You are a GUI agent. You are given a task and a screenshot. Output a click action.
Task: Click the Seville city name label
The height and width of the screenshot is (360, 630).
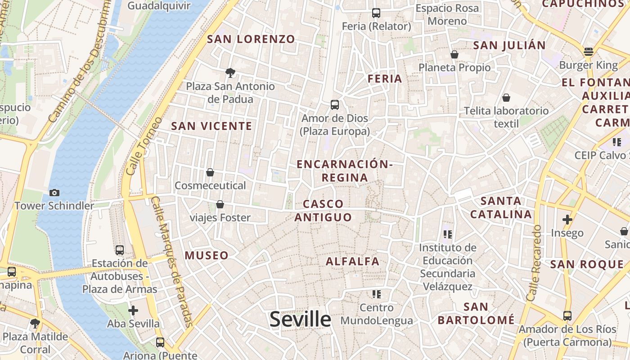pyautogui.click(x=300, y=319)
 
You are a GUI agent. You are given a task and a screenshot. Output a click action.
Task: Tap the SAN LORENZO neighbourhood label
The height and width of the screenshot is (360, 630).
pyautogui.click(x=251, y=39)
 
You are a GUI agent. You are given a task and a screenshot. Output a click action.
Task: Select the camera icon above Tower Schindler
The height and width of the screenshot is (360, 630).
pyautogui.click(x=54, y=193)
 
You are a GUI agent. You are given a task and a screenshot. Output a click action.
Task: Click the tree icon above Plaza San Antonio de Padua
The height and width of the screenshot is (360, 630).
pyautogui.click(x=230, y=72)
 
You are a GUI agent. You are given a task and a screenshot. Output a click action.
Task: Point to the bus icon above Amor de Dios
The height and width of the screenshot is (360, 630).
pyautogui.click(x=334, y=105)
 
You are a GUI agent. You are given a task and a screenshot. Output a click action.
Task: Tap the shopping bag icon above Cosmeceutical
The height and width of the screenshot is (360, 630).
pyautogui.click(x=210, y=172)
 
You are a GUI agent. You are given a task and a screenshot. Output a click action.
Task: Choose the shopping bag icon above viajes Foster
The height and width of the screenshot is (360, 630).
pyautogui.click(x=220, y=204)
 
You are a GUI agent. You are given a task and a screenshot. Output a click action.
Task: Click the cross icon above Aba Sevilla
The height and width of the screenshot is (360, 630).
pyautogui.click(x=133, y=310)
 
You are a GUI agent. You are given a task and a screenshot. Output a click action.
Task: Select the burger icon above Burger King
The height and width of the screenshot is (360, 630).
pyautogui.click(x=588, y=52)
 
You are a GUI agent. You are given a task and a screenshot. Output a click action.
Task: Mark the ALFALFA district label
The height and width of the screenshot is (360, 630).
pyautogui.click(x=352, y=261)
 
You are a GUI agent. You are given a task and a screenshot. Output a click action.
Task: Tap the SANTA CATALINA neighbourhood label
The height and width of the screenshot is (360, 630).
pyautogui.click(x=501, y=207)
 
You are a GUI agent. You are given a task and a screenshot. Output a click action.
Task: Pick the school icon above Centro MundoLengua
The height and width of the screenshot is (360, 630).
pyautogui.click(x=376, y=294)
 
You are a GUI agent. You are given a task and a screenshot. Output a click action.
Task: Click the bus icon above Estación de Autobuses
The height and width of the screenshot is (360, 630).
pyautogui.click(x=119, y=250)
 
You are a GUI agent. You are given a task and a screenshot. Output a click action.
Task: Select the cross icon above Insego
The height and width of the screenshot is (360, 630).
pyautogui.click(x=567, y=220)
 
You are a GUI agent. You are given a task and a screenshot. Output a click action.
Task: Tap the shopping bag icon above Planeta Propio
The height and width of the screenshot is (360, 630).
pyautogui.click(x=454, y=54)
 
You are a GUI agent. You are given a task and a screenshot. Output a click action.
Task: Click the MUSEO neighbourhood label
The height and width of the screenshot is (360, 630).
pyautogui.click(x=207, y=256)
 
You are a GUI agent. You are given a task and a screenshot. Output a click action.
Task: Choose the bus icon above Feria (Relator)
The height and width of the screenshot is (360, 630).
pyautogui.click(x=376, y=13)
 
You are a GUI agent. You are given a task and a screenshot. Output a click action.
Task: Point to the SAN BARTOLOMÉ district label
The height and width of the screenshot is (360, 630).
pyautogui.click(x=476, y=314)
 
